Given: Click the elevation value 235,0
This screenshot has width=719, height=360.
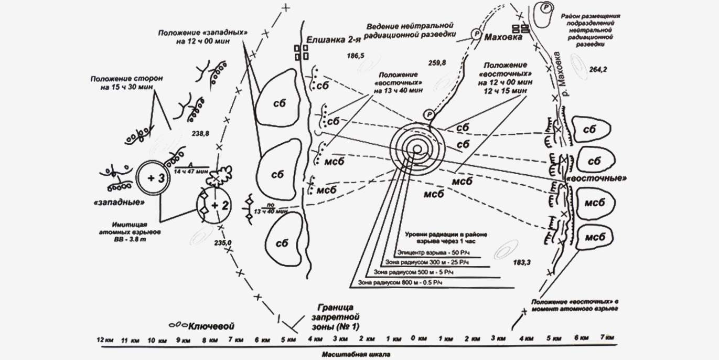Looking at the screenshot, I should [x=222, y=242].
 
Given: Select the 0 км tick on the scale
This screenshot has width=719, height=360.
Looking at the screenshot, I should [x=416, y=338].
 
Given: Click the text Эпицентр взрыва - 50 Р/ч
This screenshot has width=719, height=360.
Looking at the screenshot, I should [x=428, y=252].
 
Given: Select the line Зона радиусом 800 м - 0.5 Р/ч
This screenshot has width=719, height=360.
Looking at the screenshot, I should [x=401, y=283].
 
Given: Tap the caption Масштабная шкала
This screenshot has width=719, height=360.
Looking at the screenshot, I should [x=356, y=354].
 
